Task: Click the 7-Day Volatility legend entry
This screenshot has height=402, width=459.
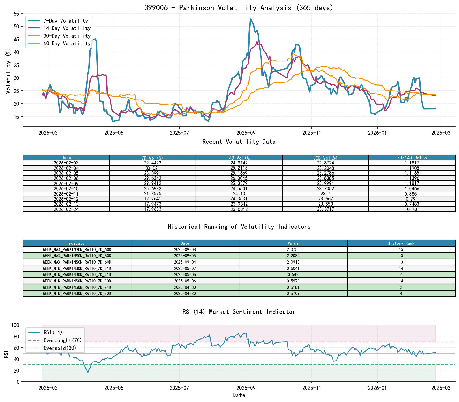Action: coord(65,21)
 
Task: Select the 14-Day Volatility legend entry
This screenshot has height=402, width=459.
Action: coord(67,28)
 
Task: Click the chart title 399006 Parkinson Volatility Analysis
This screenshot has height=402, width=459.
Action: coord(238,7)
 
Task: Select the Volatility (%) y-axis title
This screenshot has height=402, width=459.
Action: coord(8,71)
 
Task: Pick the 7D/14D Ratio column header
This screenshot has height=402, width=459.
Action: coord(412,158)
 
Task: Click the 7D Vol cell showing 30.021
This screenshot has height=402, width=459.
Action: coord(153,168)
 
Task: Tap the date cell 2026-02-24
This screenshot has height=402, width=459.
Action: coord(66,209)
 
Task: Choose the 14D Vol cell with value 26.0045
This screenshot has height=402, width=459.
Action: coord(239,178)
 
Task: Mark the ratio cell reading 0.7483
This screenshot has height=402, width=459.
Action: coord(412,204)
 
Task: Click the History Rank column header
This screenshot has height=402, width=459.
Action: coord(401,243)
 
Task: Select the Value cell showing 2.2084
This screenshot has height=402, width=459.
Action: coord(293,256)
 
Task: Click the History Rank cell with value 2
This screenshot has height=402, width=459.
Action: coord(401,287)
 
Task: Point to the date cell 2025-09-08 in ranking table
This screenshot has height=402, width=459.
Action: coord(185,249)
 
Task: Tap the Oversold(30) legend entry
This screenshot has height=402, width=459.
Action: coord(60,348)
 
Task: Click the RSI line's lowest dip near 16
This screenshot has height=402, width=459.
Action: coord(88,373)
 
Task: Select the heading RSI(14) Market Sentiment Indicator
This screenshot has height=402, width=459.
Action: coord(238,312)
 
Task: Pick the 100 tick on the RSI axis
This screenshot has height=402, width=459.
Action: coord(15,325)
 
